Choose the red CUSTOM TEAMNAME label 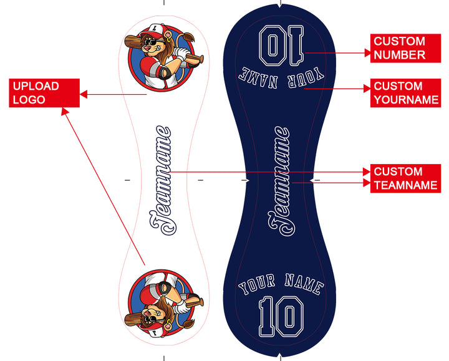(x=405, y=178)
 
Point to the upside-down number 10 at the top (x=280, y=45)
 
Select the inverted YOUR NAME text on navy (x=281, y=76)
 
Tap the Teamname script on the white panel (x=160, y=181)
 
